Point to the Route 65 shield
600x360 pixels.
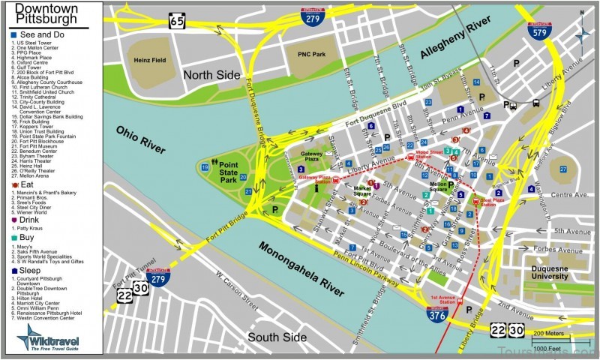click(177, 19)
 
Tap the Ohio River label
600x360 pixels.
click(139, 140)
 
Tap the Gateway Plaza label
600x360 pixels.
click(312, 156)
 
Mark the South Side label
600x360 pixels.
click(277, 337)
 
